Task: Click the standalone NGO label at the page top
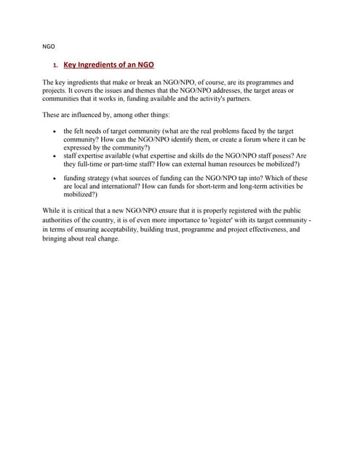pyautogui.click(x=49, y=46)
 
